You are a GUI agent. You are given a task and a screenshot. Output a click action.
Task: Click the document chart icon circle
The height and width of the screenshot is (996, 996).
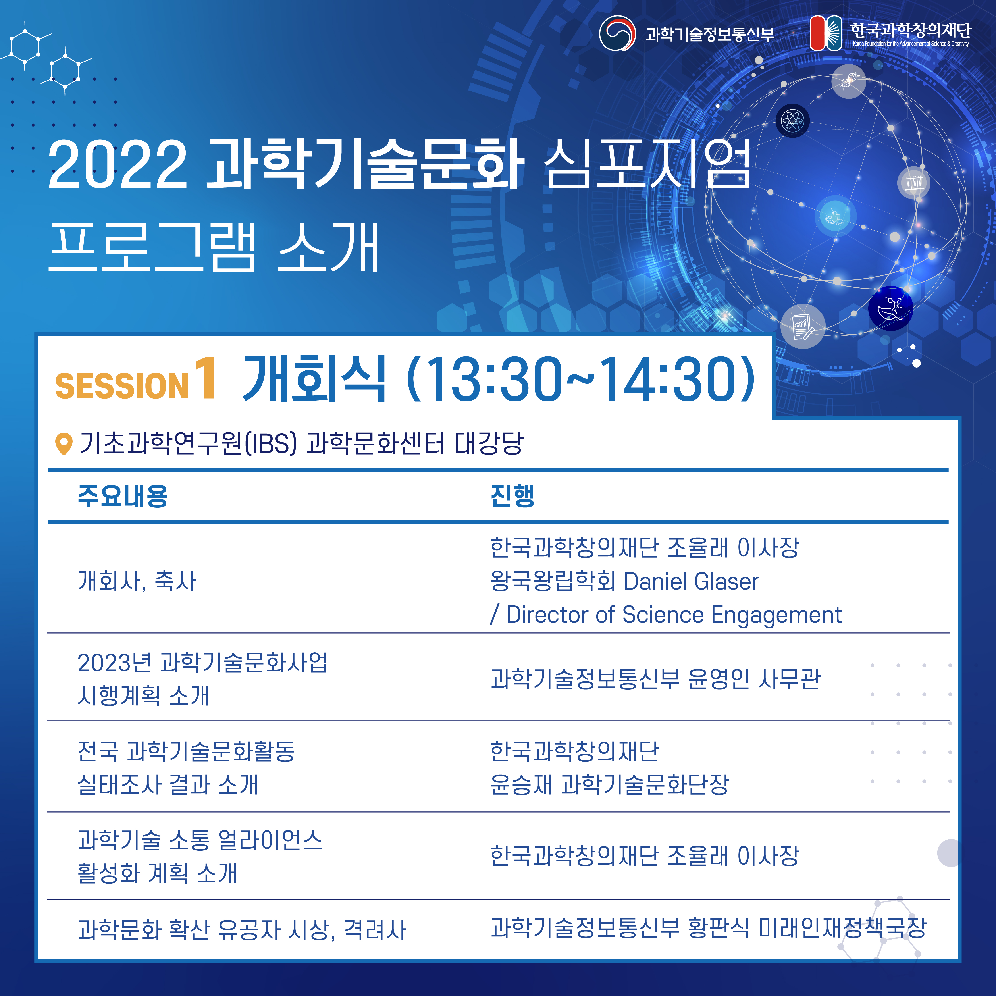(x=803, y=326)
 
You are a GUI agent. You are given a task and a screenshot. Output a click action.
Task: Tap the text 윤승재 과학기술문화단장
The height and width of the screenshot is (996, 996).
(x=609, y=784)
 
